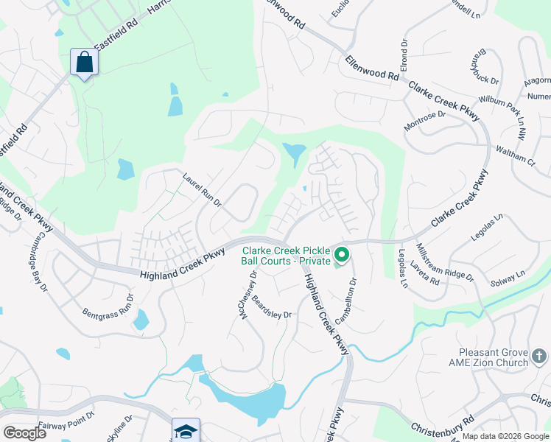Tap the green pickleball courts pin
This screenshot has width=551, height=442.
(342, 256)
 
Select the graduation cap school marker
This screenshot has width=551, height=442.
(186, 429)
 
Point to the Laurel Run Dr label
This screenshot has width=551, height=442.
(202, 189)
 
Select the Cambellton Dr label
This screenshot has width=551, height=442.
(345, 302)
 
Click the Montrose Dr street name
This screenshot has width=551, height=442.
(425, 121)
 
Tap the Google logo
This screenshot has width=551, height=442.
(24, 433)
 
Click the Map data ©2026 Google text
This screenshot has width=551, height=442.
(506, 436)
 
